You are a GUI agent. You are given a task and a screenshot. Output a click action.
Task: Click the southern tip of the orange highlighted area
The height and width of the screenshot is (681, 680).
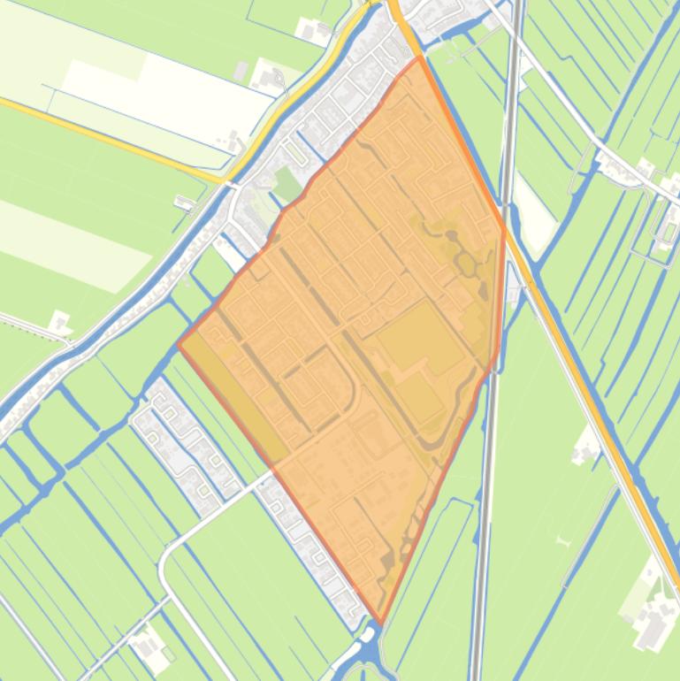(380, 623)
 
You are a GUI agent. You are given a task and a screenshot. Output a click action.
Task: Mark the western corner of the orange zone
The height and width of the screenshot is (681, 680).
(180, 344)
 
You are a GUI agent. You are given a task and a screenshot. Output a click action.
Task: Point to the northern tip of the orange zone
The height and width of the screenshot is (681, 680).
(418, 58)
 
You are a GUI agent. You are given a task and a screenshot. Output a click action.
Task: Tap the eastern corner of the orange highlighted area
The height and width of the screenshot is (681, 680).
(505, 232)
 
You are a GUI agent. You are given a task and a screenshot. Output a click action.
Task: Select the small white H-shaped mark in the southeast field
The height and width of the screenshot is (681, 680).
(564, 540)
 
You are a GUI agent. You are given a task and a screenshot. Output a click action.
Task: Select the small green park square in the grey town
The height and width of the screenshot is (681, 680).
(287, 184)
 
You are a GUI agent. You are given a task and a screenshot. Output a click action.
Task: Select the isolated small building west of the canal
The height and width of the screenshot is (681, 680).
(59, 322)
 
